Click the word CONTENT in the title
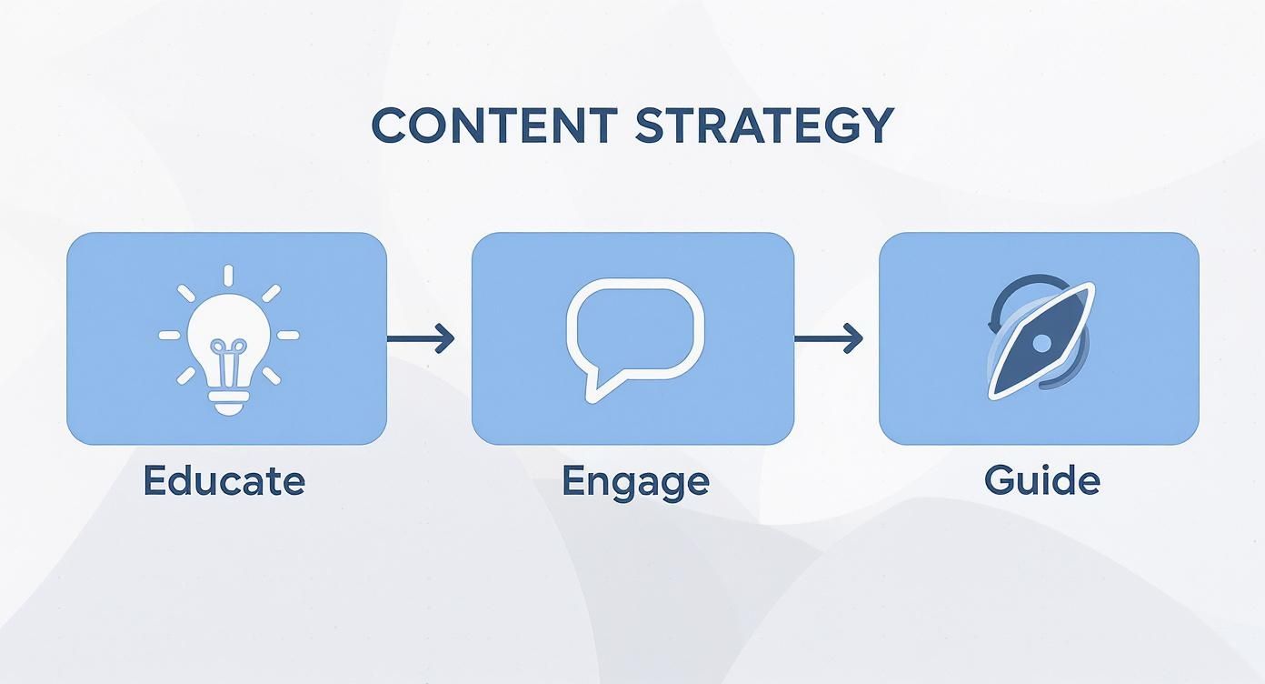[x=494, y=126]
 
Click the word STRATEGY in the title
[x=764, y=126]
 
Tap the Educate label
[x=224, y=480]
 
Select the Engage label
[x=635, y=480]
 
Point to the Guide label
[x=1041, y=480]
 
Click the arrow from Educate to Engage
[x=420, y=339]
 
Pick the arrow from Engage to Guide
[x=828, y=339]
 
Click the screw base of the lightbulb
[x=228, y=399]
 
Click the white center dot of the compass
[x=1041, y=343]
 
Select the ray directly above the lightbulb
[x=228, y=275]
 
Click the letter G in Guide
[x=998, y=480]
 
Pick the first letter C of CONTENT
[x=388, y=126]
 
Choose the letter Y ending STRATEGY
[x=875, y=126]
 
